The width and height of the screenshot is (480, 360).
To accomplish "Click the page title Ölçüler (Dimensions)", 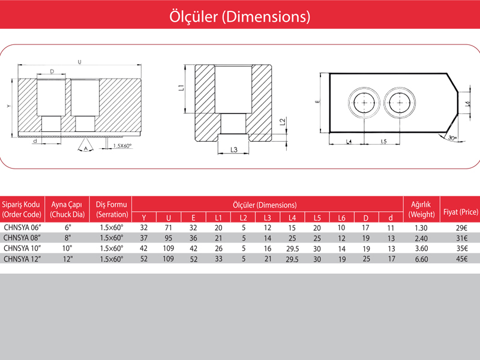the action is pyautogui.click(x=239, y=16).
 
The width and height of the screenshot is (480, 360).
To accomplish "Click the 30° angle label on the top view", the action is pyautogui.click(x=452, y=138).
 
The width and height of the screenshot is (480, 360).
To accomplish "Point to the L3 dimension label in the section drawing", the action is pyautogui.click(x=233, y=149).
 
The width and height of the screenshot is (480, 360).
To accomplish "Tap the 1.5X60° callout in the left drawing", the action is pyautogui.click(x=122, y=146).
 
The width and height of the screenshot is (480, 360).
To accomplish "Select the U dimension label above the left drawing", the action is pyautogui.click(x=79, y=62).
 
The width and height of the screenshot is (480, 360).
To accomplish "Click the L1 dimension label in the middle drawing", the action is pyautogui.click(x=181, y=88).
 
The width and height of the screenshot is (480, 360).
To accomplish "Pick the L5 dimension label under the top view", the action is pyautogui.click(x=383, y=142).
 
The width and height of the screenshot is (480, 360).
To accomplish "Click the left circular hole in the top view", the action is pyautogui.click(x=364, y=103).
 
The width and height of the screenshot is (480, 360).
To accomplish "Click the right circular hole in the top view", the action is pyautogui.click(x=400, y=103).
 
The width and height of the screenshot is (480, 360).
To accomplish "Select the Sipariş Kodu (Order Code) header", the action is pyautogui.click(x=22, y=209).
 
